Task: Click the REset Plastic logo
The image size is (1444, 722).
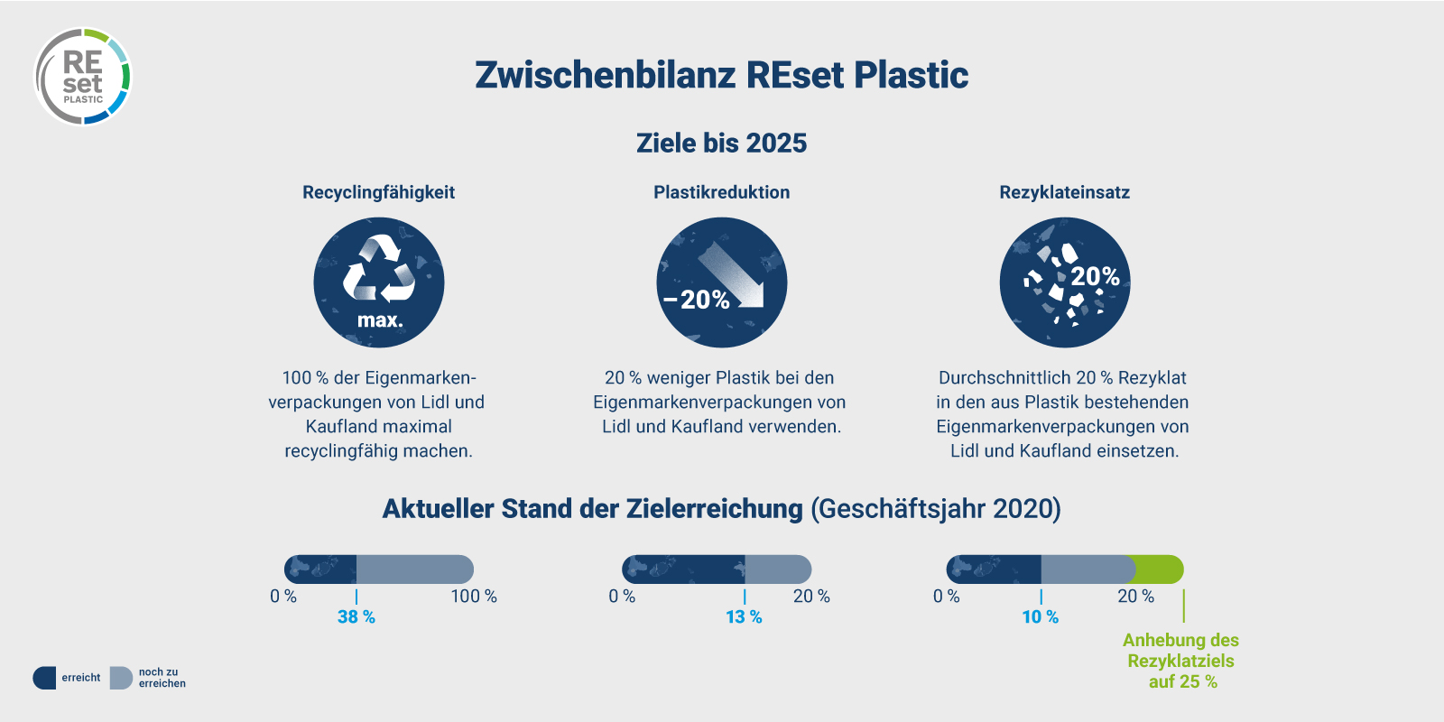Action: (x=83, y=77)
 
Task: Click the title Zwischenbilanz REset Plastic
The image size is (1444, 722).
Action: (x=721, y=75)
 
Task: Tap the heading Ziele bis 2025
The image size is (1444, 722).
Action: (x=721, y=143)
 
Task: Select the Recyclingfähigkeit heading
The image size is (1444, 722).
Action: (x=378, y=192)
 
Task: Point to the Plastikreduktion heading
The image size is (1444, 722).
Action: (x=721, y=192)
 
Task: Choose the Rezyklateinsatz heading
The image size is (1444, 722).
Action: (x=1064, y=192)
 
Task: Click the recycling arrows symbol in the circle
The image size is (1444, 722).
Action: (x=379, y=269)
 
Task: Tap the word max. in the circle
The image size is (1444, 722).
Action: (x=380, y=320)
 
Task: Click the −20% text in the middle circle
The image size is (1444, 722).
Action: (x=697, y=300)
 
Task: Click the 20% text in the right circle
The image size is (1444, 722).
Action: (x=1095, y=276)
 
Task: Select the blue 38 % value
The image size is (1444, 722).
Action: (x=356, y=617)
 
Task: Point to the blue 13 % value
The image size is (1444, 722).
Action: (x=744, y=617)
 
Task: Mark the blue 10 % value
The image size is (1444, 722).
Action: (x=1040, y=617)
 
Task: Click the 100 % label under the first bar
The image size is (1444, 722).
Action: (x=474, y=597)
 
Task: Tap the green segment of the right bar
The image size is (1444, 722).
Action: (x=1160, y=569)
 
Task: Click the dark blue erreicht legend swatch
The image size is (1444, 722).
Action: (x=44, y=678)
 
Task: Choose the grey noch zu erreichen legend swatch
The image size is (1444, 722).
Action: (x=121, y=678)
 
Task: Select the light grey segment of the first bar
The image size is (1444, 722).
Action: (x=415, y=569)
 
